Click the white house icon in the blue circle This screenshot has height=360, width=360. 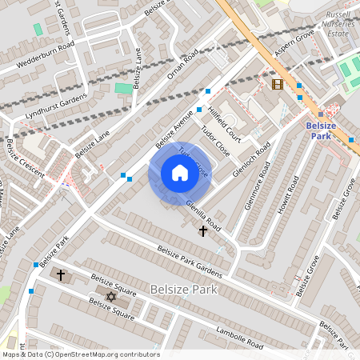click(180, 173)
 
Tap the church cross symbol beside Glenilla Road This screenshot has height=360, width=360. click(203, 230)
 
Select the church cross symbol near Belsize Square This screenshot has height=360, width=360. click(60, 274)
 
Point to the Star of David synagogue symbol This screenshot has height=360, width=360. click(111, 297)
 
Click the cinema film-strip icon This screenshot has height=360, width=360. click(277, 84)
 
